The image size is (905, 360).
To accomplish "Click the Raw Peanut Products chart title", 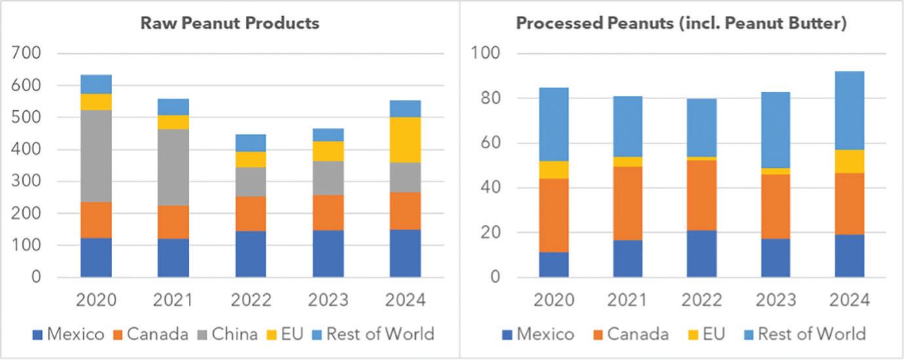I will (230, 24).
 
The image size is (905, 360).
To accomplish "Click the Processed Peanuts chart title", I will (681, 24).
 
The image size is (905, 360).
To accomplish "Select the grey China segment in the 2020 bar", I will (96, 156).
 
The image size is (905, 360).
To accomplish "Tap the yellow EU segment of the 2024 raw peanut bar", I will (405, 140).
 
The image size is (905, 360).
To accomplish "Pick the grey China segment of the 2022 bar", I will (251, 182).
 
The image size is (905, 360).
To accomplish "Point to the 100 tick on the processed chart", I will (485, 53).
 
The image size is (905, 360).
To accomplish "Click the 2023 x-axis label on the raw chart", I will (328, 300).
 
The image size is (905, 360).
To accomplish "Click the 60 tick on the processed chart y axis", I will (491, 143).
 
